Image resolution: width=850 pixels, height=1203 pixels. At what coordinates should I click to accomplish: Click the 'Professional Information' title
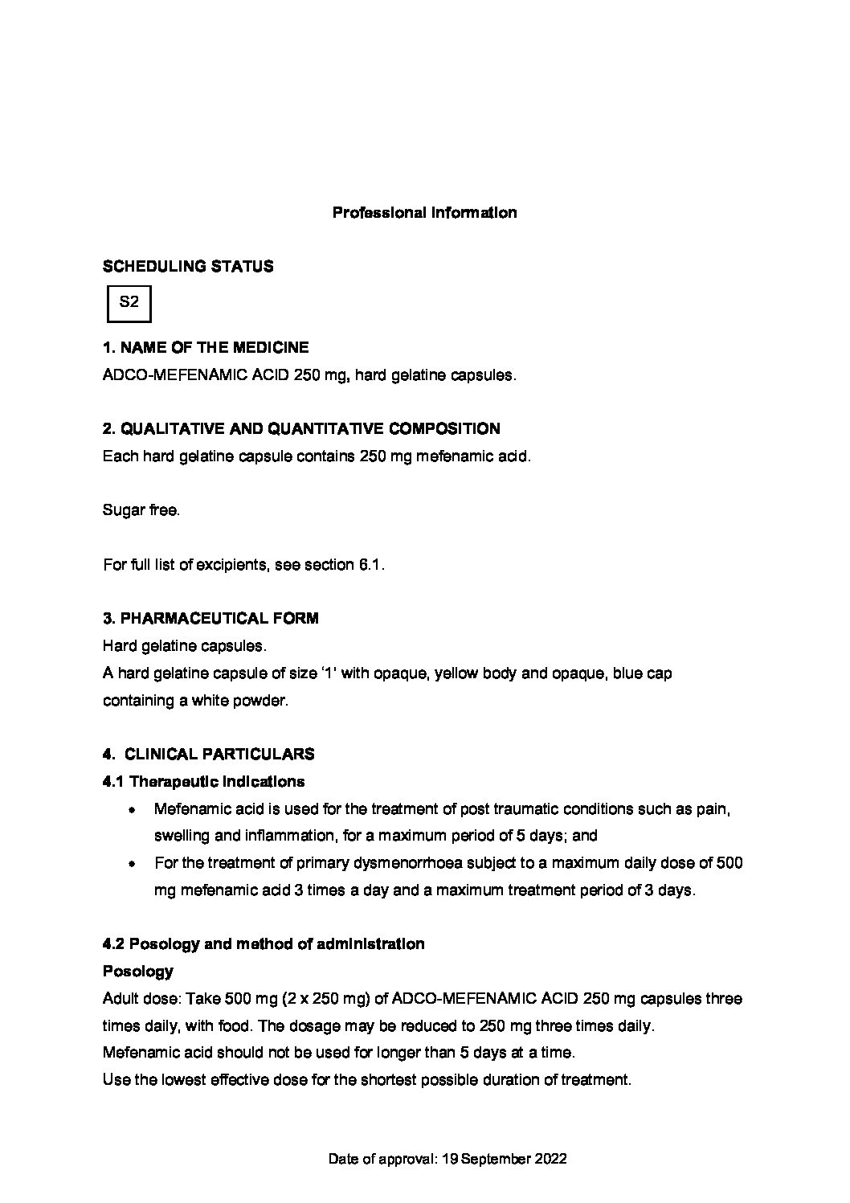pyautogui.click(x=424, y=213)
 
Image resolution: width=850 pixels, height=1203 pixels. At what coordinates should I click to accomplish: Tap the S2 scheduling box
pyautogui.click(x=129, y=303)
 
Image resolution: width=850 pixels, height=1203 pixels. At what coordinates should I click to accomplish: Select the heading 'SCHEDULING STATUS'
pyautogui.click(x=188, y=266)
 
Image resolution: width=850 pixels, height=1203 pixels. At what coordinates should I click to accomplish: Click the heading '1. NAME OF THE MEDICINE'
pyautogui.click(x=206, y=348)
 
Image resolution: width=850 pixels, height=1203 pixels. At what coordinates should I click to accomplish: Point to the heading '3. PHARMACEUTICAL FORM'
pyautogui.click(x=210, y=618)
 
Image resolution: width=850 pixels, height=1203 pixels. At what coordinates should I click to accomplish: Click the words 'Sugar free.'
pyautogui.click(x=141, y=510)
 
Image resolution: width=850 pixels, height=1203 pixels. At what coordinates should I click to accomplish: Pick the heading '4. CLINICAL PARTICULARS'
pyautogui.click(x=209, y=755)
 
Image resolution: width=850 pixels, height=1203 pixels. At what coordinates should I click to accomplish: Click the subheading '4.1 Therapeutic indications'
pyautogui.click(x=204, y=781)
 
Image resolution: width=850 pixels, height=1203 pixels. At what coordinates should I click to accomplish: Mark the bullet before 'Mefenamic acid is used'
pyautogui.click(x=131, y=810)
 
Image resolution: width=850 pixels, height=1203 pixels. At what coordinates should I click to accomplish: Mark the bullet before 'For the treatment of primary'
pyautogui.click(x=131, y=865)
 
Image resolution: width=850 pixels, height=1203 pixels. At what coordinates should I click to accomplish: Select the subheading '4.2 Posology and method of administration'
pyautogui.click(x=264, y=944)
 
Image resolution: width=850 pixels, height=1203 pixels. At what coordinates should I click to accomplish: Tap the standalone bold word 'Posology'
pyautogui.click(x=138, y=972)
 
